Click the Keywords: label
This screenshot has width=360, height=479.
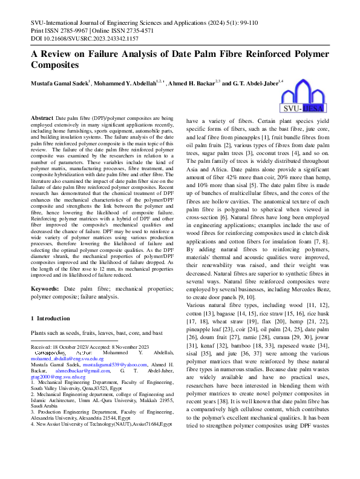click(45, 290)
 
